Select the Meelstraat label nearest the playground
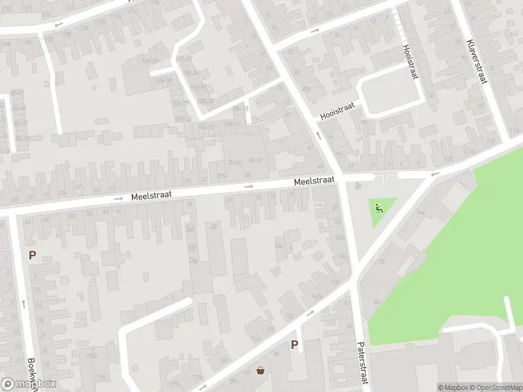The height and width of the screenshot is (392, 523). (x=314, y=180)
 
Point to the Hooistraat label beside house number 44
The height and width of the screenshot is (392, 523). (x=337, y=110)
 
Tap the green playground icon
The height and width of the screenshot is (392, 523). (x=379, y=209)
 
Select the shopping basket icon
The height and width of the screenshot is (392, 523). (x=261, y=370)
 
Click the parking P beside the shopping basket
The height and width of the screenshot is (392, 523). (x=294, y=345)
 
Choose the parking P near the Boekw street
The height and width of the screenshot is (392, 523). (x=31, y=255)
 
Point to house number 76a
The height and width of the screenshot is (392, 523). (x=420, y=213)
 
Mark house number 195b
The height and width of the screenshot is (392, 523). (x=91, y=355)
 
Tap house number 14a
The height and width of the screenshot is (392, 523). (x=278, y=246)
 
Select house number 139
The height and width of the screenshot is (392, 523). (x=335, y=282)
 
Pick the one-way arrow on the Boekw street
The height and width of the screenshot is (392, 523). (x=24, y=302)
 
